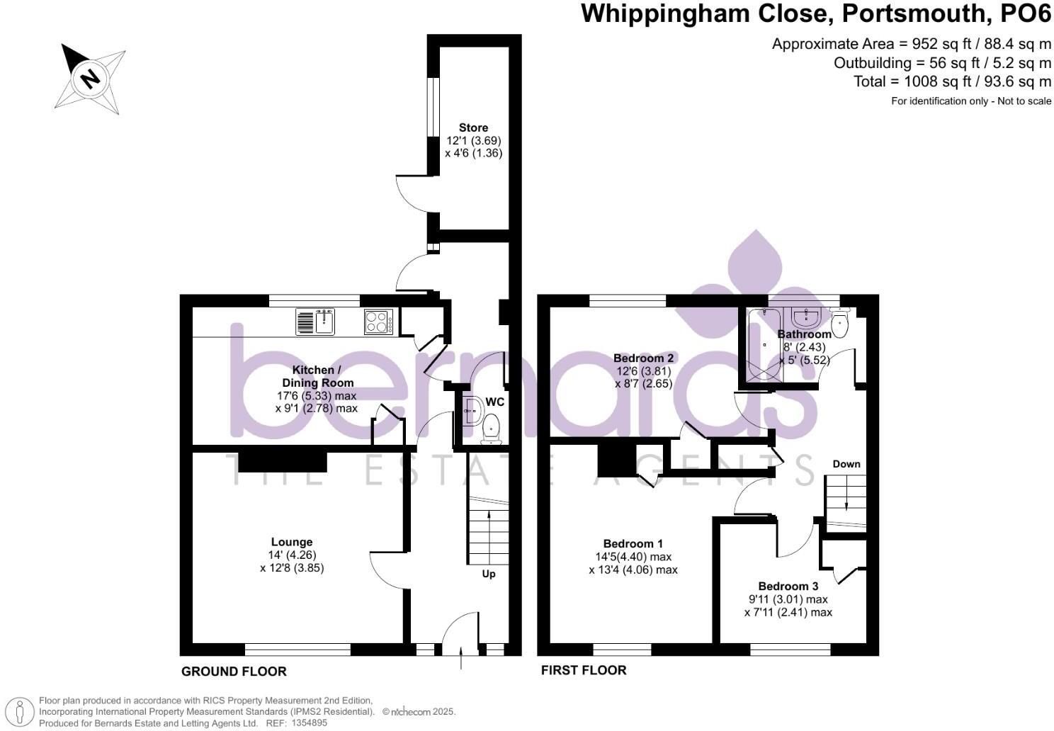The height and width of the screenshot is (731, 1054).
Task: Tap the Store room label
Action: point(473,127)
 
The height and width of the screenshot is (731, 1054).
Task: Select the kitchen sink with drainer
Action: point(315,322)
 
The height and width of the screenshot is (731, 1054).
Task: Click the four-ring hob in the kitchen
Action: point(380,322)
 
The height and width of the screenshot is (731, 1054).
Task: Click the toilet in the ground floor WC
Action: point(490,428)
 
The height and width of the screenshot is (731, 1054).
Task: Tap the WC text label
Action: point(494,402)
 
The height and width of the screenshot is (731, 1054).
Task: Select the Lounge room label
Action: point(291,542)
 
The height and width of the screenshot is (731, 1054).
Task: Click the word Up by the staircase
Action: point(489,574)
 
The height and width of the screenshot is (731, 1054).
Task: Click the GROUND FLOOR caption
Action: point(234,671)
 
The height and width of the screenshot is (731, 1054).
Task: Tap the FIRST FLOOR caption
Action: point(584,670)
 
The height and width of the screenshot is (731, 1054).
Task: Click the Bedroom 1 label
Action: point(633,543)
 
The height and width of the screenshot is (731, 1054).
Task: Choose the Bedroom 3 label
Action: point(788,586)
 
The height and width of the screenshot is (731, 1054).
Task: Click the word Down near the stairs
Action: point(846,464)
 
